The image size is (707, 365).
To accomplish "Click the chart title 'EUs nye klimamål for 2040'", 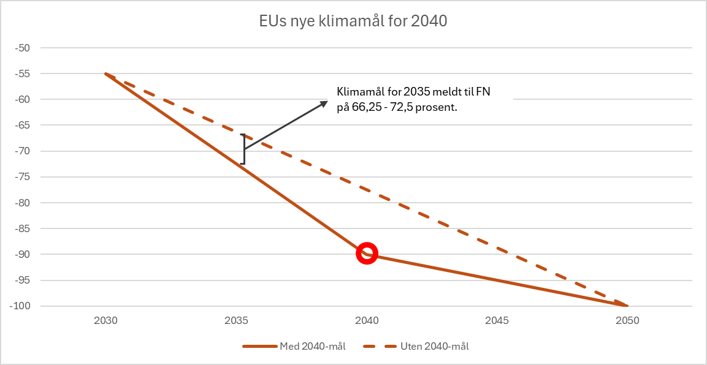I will [x=353, y=22].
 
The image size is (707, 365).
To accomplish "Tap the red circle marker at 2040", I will [x=367, y=254].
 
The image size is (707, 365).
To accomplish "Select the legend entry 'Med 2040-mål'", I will [x=294, y=347].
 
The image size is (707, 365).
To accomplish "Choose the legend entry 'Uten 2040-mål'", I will [x=423, y=347].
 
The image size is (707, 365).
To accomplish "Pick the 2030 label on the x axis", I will [x=105, y=320].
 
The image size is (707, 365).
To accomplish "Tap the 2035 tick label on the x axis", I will [x=236, y=320].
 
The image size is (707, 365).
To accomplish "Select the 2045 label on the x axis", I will [x=497, y=320].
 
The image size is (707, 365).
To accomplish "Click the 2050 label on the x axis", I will [x=627, y=320].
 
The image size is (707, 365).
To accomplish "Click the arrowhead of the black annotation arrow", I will [x=324, y=103].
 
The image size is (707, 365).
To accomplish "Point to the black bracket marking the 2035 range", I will [x=243, y=149].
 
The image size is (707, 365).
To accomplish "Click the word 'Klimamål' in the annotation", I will [x=358, y=92].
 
